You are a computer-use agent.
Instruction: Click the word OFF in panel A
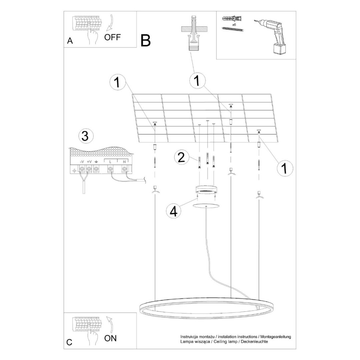[x=112, y=37]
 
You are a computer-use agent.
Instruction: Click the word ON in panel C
[x=110, y=338]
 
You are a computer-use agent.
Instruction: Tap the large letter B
[x=146, y=40]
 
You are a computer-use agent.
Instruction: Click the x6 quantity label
[x=234, y=24]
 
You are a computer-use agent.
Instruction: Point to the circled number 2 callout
[x=181, y=157]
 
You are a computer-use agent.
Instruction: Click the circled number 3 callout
[x=85, y=136]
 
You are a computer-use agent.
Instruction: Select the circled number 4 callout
[x=173, y=211]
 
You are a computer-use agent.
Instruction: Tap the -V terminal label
[x=82, y=162]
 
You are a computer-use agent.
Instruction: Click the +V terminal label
[x=89, y=162]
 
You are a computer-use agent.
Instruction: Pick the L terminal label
[x=110, y=162]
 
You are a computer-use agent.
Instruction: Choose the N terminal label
[x=124, y=162]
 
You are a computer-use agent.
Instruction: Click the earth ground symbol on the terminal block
[x=96, y=162]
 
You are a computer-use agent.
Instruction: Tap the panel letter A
[x=70, y=41]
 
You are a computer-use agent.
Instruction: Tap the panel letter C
[x=69, y=342]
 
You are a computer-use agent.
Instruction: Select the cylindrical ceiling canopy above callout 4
[x=206, y=190]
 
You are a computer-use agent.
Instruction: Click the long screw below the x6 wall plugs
[x=232, y=29]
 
